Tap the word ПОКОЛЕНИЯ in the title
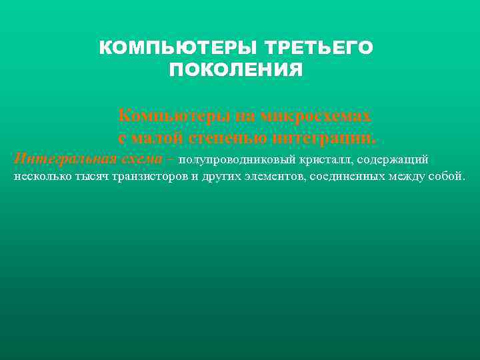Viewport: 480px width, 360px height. pos(236,70)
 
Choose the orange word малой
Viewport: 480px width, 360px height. pos(158,138)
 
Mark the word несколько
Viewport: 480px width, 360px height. pos(39,178)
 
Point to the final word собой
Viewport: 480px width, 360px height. pos(447,178)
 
